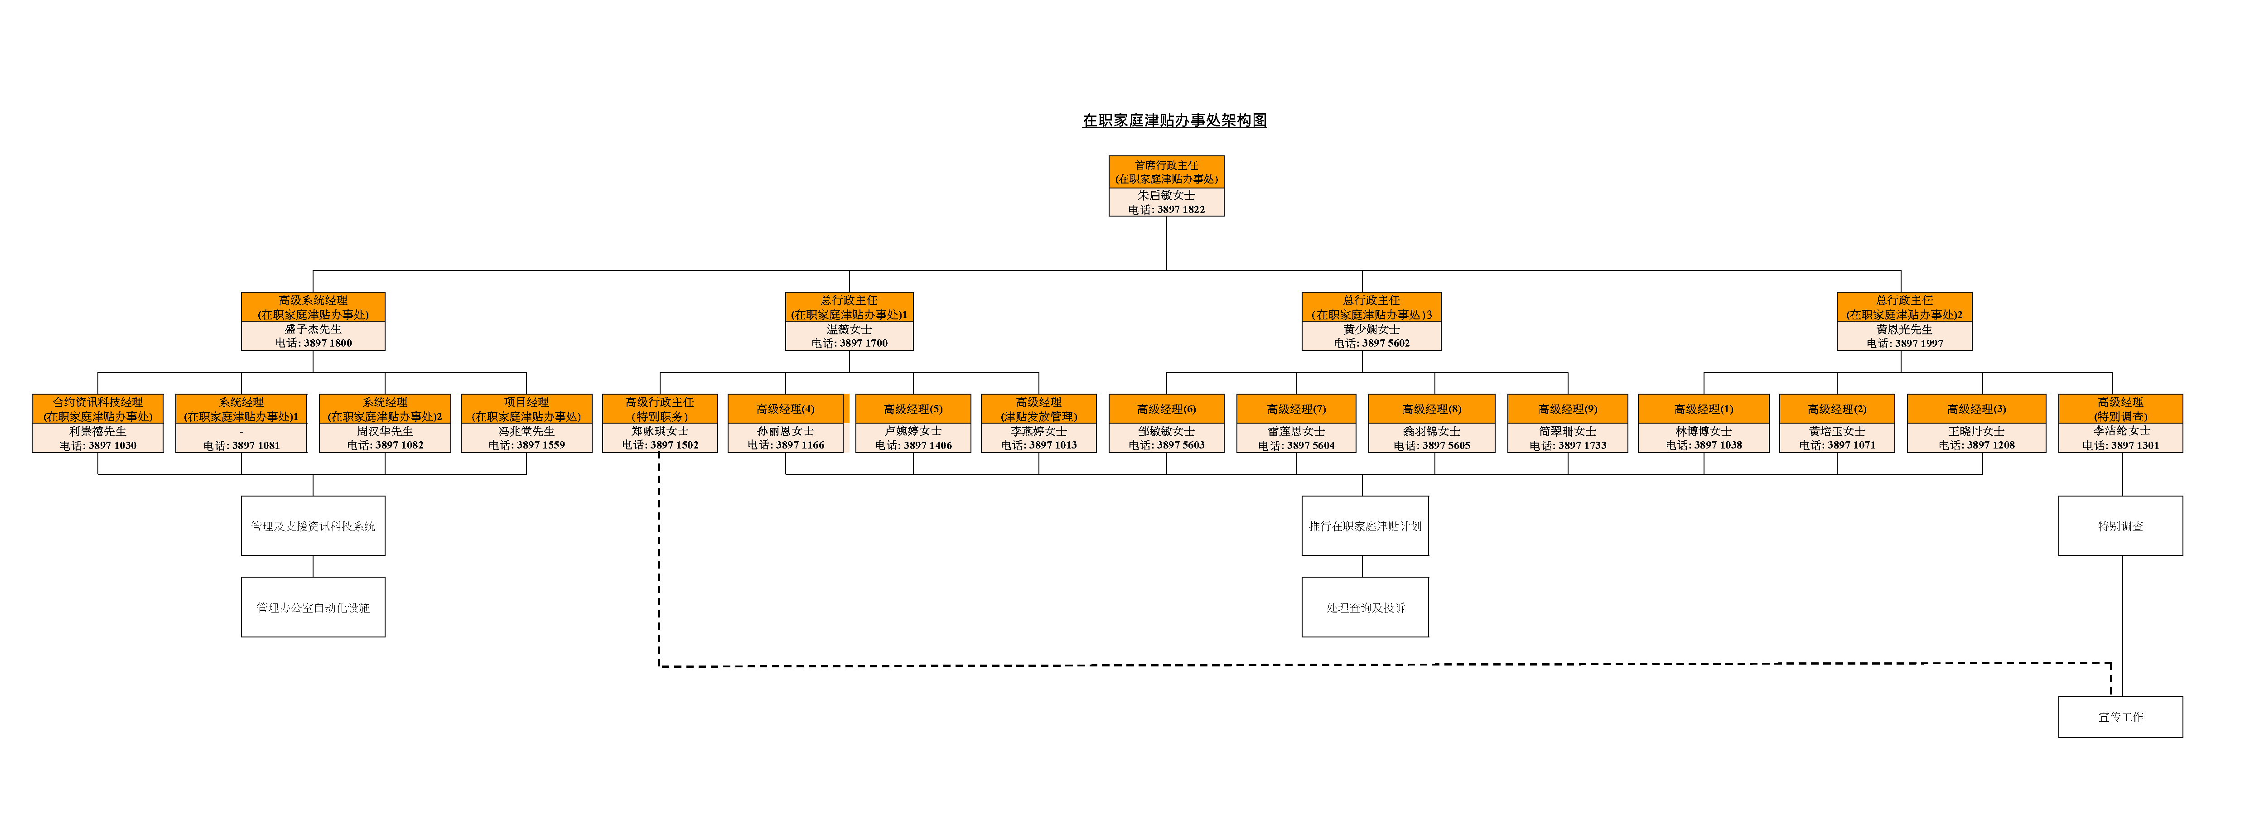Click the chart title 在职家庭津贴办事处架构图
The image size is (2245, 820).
1174,120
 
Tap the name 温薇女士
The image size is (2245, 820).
849,329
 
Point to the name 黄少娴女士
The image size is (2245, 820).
1371,329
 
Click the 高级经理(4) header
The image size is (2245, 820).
785,409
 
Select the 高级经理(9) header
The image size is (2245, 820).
1567,409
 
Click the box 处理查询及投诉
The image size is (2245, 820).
1365,608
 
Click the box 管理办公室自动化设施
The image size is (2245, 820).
313,608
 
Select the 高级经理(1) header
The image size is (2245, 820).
1703,409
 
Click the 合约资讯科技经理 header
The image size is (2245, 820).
97,409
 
